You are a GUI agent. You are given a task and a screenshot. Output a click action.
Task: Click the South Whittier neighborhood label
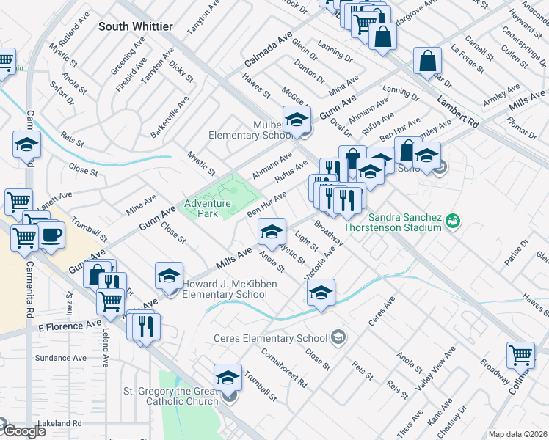click(136, 26)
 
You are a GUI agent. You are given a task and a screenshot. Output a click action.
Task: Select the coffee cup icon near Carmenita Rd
click(51, 235)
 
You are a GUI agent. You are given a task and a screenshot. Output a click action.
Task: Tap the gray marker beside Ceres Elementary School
click(338, 337)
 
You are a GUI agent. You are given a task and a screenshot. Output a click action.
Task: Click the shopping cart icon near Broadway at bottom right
click(520, 355)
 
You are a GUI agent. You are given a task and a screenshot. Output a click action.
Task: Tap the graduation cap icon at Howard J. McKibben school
click(170, 276)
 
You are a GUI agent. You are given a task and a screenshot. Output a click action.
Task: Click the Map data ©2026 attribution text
click(517, 434)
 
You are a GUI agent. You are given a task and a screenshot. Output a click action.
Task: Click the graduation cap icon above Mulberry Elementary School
click(297, 120)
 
